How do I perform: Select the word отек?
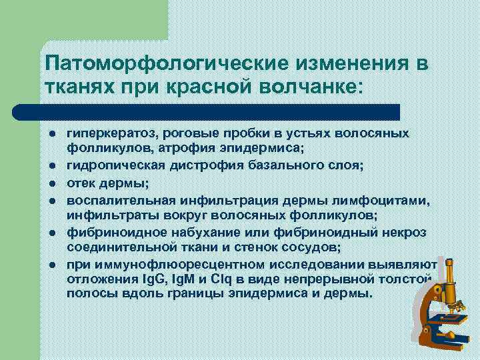click(x=81, y=184)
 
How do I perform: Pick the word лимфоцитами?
click(x=378, y=201)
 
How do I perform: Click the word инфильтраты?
click(x=109, y=215)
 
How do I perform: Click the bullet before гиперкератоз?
click(x=51, y=133)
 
